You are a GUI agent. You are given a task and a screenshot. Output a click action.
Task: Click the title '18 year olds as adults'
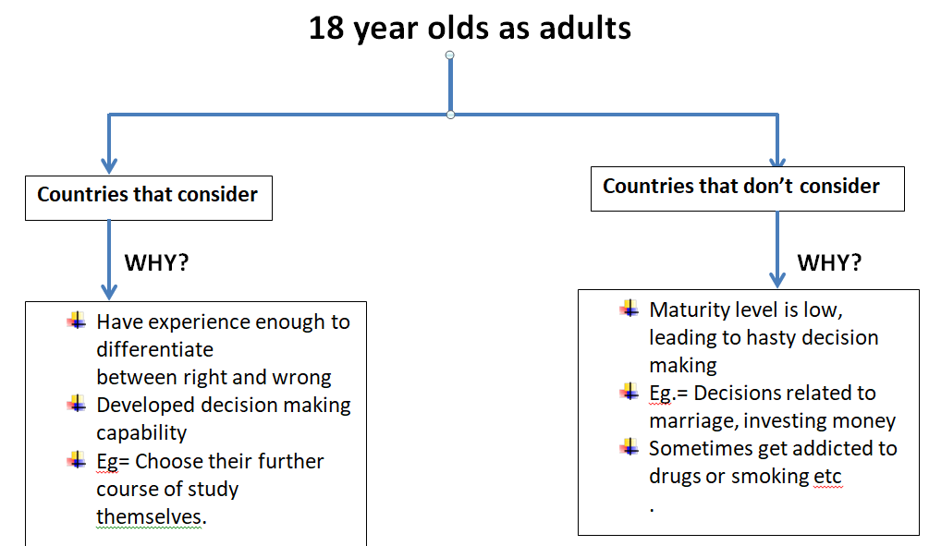click(x=470, y=29)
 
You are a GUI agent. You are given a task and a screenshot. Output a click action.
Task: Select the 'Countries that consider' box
click(x=149, y=198)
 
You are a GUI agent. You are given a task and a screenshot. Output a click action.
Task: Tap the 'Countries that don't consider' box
click(x=748, y=188)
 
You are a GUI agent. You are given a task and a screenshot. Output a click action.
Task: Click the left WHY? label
click(x=156, y=262)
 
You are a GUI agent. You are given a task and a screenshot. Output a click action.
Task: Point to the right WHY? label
click(x=829, y=262)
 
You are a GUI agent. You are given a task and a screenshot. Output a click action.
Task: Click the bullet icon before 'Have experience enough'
click(x=77, y=321)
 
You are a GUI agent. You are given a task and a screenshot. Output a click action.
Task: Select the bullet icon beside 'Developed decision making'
click(x=77, y=404)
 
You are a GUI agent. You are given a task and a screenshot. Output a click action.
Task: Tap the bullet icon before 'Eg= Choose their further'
click(x=77, y=459)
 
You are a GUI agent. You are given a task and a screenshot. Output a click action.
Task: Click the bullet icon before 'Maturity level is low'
click(x=630, y=309)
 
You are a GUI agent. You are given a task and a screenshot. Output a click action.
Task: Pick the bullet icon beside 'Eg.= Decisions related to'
click(x=630, y=392)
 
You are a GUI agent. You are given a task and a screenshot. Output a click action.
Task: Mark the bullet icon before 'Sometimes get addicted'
click(x=630, y=447)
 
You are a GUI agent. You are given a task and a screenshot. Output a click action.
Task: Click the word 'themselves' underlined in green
click(x=150, y=516)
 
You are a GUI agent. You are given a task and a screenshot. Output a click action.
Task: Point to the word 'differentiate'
click(x=154, y=349)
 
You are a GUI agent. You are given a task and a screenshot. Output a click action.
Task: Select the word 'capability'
click(x=141, y=433)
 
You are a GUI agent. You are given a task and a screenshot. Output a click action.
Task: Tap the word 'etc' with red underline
click(x=827, y=477)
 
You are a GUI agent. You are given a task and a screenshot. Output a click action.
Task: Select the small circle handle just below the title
click(x=450, y=55)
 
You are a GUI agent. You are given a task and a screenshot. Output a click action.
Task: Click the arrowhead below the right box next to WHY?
click(x=777, y=280)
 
